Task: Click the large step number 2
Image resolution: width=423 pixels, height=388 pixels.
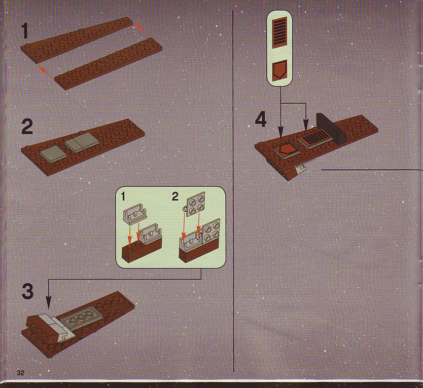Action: point(27,127)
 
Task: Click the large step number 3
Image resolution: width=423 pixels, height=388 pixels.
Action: point(27,291)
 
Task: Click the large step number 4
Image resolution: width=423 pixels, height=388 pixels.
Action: point(261,120)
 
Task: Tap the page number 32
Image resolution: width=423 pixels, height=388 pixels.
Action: point(20,373)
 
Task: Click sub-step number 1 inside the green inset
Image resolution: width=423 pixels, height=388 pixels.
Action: point(123,197)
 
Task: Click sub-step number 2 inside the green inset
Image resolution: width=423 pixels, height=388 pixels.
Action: point(175,197)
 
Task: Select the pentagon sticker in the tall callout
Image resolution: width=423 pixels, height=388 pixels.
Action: point(279,71)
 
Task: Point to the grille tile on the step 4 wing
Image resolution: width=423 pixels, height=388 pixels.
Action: point(315,138)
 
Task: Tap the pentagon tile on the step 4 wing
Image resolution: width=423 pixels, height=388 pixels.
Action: point(287,150)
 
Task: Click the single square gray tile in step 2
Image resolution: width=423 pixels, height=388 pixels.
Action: point(53,154)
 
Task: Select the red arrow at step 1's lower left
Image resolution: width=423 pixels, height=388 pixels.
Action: point(46,72)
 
